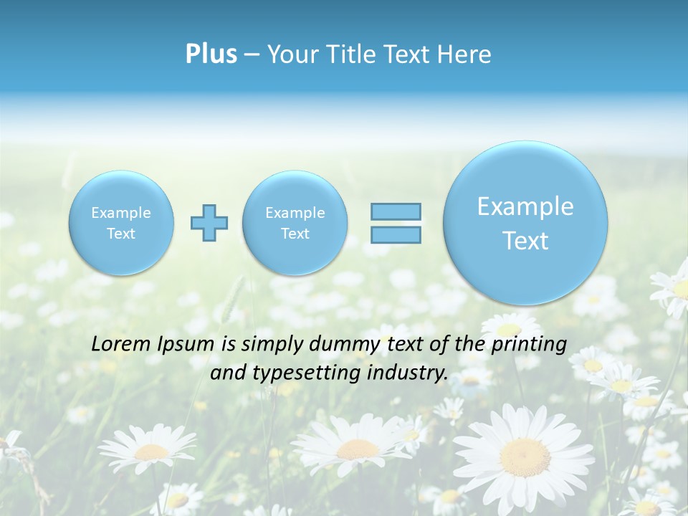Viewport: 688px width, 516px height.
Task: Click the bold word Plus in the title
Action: pos(211,54)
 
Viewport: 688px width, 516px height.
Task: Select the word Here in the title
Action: pos(465,54)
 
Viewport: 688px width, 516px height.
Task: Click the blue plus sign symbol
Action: pos(209,223)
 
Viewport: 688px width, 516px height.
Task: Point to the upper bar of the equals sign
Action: pos(396,211)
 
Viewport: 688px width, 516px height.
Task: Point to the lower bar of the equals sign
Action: pos(396,234)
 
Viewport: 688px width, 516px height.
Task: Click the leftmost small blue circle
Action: pos(121,223)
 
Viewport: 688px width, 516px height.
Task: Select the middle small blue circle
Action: pos(295,223)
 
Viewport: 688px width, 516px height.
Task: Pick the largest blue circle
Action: pos(525,223)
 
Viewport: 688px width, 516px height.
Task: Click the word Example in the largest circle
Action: pos(525,206)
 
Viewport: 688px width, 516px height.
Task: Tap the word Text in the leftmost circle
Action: pos(121,234)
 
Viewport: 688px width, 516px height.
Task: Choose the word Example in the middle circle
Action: pos(295,213)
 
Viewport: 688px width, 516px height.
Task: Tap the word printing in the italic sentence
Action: pos(529,345)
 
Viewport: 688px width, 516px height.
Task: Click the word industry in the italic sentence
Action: pos(410,373)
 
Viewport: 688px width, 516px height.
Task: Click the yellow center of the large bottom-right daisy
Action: pos(525,455)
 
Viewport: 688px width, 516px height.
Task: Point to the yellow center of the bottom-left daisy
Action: pos(152,451)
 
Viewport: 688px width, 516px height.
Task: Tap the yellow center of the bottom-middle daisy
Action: pos(358,449)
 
